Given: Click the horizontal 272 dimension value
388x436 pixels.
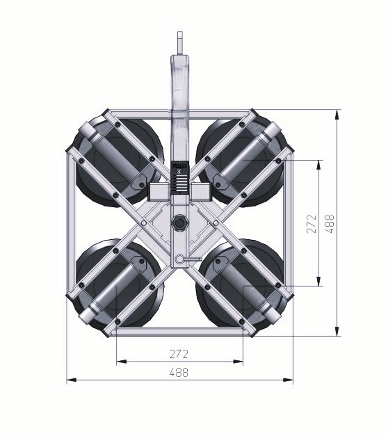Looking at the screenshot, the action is tap(179, 354).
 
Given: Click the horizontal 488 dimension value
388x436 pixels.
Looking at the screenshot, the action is tap(179, 372).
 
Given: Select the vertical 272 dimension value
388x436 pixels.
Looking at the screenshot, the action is tap(312, 223).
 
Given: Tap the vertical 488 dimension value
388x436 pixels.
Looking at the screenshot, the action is tap(330, 223).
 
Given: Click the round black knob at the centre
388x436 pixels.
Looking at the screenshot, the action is tap(179, 223).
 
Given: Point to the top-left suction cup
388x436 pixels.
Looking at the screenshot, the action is tap(118, 162).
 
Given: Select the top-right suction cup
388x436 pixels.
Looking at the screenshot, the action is tap(241, 162).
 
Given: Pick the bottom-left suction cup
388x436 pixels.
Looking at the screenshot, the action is tap(118, 284).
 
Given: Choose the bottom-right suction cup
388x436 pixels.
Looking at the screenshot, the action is tap(241, 284).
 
